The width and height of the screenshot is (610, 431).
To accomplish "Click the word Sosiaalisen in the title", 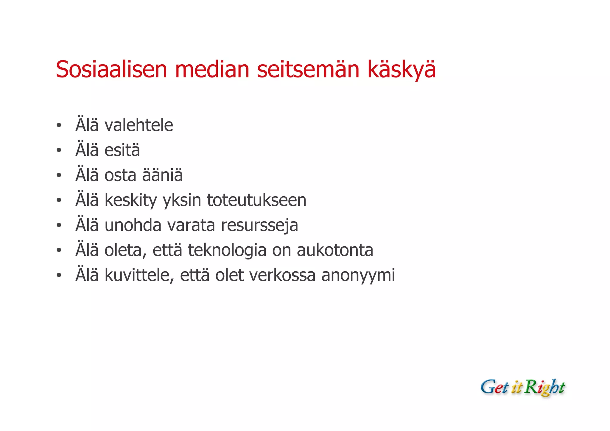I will click(x=111, y=69).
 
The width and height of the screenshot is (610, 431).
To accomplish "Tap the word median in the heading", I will click(x=212, y=69).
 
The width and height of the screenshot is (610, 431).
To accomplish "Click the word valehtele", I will click(x=139, y=125).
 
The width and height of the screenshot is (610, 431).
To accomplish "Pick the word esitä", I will click(x=122, y=150).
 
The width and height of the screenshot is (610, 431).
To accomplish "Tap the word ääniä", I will click(x=162, y=175).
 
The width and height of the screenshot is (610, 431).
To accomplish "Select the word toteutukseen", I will click(x=256, y=200).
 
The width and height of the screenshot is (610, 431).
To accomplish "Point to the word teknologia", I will click(x=227, y=250).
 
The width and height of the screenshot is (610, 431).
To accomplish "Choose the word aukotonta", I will click(x=335, y=250).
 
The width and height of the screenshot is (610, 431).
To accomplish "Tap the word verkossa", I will click(x=282, y=275).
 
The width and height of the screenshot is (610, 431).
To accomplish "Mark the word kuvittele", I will click(x=139, y=275).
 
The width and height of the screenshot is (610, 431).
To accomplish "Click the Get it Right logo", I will click(x=523, y=388).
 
